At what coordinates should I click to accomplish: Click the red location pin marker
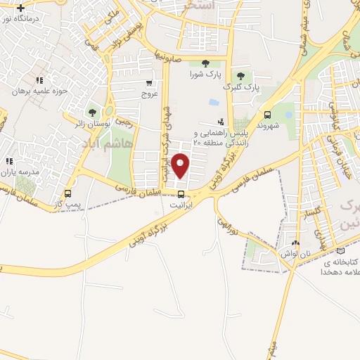pyautogui.click(x=181, y=166)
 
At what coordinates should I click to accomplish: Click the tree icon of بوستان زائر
pyautogui.click(x=92, y=112)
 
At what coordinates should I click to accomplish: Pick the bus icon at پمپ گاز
pyautogui.click(x=67, y=193)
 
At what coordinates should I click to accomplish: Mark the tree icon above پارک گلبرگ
pyautogui.click(x=241, y=76)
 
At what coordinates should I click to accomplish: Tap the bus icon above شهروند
pyautogui.click(x=267, y=115)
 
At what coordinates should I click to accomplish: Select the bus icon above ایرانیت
pyautogui.click(x=181, y=194)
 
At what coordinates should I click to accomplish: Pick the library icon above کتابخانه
pyautogui.click(x=341, y=250)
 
